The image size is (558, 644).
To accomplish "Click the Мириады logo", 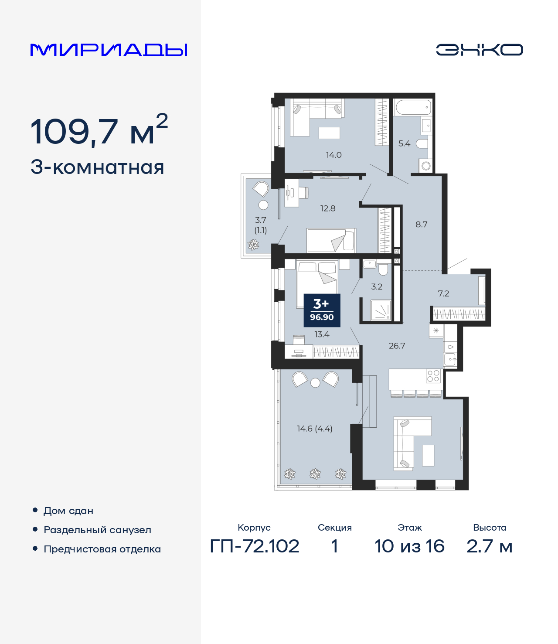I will pos(109,50).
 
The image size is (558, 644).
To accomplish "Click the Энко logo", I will pos(479,50).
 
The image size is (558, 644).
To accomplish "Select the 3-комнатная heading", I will pos(97,167).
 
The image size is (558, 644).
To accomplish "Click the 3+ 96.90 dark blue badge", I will pos(322,310).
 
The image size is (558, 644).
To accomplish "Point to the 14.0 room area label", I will pos(333,155).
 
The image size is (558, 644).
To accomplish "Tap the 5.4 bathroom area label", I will pos(404,143).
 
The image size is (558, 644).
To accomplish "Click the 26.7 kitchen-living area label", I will pos(397,346).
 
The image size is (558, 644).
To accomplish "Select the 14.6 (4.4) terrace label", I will pos(315,429).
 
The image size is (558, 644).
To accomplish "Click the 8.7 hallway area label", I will pos(421,225).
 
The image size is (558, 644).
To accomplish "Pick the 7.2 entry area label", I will pos(443,293).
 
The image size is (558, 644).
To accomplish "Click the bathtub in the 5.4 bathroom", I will pos(412,107).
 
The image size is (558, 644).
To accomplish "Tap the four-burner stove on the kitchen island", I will pos(433,376).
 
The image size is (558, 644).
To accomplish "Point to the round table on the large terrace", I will pos(315,383).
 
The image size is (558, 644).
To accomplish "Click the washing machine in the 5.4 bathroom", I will pos(426,166).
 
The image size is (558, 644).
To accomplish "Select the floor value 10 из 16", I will pos(409,546).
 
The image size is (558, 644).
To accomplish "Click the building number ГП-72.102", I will pos(255,546).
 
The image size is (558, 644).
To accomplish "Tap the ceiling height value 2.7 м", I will pos(489,546).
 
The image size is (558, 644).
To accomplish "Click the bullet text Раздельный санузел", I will pos(97,530).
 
